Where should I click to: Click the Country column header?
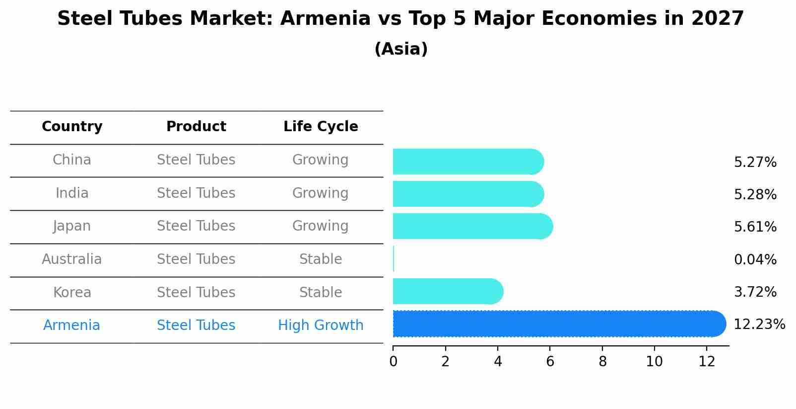(x=72, y=127)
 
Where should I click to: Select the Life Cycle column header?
(x=321, y=127)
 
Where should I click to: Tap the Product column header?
(x=196, y=127)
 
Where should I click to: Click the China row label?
(x=72, y=160)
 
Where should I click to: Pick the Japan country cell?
(x=72, y=226)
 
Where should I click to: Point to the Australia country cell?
(x=72, y=259)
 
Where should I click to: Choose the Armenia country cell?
(x=72, y=326)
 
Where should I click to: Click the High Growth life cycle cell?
(x=321, y=326)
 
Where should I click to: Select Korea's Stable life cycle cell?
(x=321, y=292)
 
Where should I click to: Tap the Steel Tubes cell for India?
(x=196, y=193)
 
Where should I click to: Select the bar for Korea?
(x=447, y=291)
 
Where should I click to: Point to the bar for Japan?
(x=471, y=226)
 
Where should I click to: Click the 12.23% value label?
(x=759, y=325)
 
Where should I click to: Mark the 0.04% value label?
(x=755, y=259)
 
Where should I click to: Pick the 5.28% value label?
(x=755, y=195)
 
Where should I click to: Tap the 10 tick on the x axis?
(x=655, y=362)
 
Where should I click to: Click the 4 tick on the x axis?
(x=498, y=362)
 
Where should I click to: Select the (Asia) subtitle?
(x=401, y=49)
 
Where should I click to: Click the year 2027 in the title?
(x=717, y=19)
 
